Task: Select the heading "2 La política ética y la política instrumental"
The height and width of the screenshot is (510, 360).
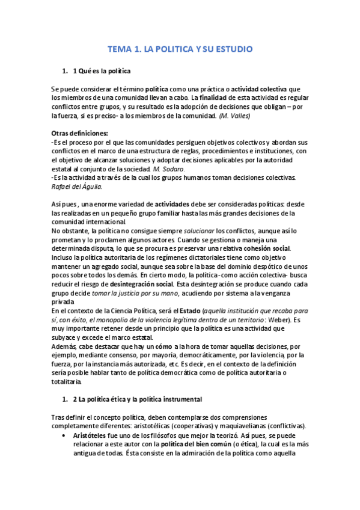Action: pyautogui.click(x=137, y=399)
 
